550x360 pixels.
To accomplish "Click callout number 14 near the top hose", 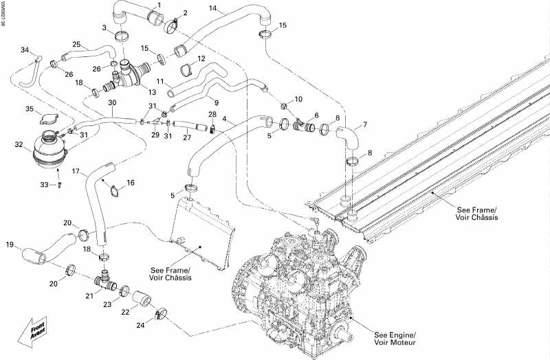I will click(213, 8).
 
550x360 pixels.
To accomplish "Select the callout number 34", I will click(25, 50).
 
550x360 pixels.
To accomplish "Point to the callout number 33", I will click(45, 184).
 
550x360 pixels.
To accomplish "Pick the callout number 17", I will click(77, 171).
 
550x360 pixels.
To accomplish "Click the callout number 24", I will click(141, 325).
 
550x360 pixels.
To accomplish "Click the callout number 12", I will click(201, 59).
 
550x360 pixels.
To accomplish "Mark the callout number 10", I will click(298, 100).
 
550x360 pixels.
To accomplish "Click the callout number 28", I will click(212, 114).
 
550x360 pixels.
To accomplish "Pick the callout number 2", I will click(184, 12).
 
